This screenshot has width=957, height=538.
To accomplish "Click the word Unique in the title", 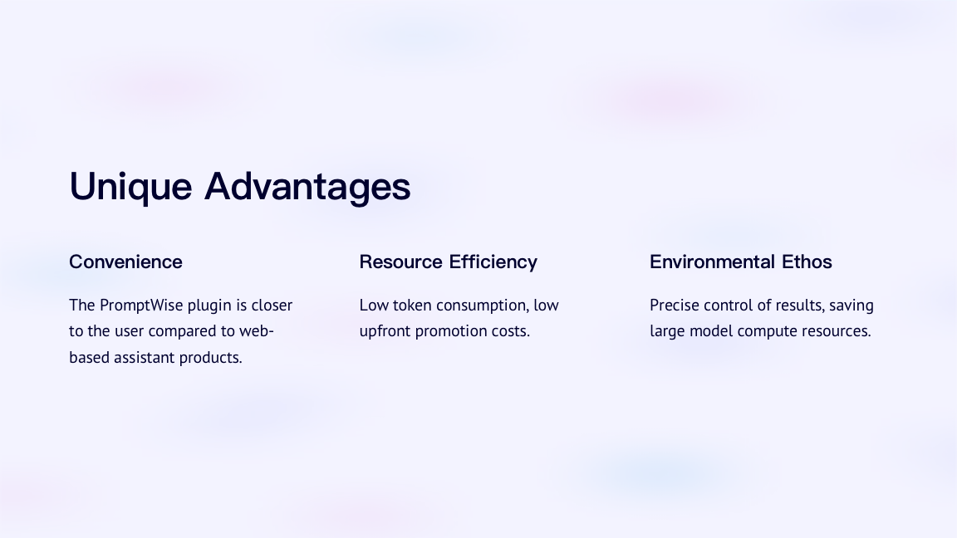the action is pyautogui.click(x=130, y=187).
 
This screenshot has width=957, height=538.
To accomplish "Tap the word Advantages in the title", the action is pyautogui.click(x=307, y=187).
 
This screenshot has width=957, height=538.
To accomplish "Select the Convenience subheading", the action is pyautogui.click(x=125, y=262).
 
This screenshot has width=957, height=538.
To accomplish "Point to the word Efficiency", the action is pyautogui.click(x=493, y=262).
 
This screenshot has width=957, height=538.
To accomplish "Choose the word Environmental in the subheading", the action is pyautogui.click(x=712, y=262).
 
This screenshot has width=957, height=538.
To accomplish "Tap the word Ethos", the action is pyautogui.click(x=807, y=262).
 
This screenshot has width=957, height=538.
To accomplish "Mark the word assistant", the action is pyautogui.click(x=144, y=358).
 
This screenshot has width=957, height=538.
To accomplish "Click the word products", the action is pyautogui.click(x=210, y=358).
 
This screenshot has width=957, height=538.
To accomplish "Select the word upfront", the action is pyautogui.click(x=385, y=331).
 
